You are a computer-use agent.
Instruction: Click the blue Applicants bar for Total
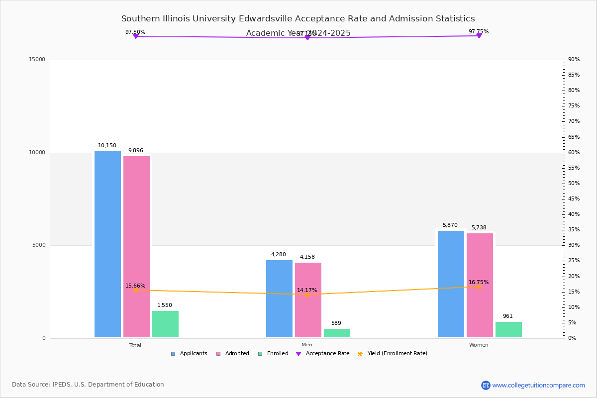point(107,244)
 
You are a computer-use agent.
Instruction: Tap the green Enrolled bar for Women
point(508,329)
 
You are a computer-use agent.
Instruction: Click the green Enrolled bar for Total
point(165,324)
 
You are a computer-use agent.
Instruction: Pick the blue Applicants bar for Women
point(451,284)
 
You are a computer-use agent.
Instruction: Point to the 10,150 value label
point(107,146)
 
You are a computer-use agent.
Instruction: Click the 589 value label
point(336,323)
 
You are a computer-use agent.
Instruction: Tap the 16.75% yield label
point(479,282)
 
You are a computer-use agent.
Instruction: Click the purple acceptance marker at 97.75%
point(479,35)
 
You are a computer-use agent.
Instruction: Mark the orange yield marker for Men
point(307,295)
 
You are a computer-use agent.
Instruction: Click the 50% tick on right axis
point(574,184)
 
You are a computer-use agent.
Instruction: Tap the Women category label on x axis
point(479,345)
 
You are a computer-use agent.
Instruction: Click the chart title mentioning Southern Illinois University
point(298,19)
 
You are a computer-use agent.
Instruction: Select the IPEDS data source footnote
point(88,385)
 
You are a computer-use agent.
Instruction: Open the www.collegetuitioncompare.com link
point(538,385)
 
